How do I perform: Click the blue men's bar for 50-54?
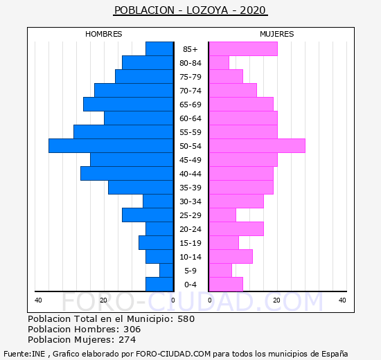[x=111, y=146]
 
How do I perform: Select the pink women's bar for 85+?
[x=243, y=49]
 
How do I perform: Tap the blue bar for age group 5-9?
[x=166, y=271]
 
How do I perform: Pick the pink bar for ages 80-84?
[x=219, y=63]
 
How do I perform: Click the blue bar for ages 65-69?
[x=128, y=105]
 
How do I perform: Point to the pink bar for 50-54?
[x=257, y=146]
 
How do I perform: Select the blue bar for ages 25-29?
[x=148, y=215]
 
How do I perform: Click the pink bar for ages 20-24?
[x=236, y=229]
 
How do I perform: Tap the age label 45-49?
[x=190, y=160]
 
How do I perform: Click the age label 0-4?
[x=190, y=285]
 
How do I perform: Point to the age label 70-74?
[x=190, y=91]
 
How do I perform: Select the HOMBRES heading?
[x=103, y=34]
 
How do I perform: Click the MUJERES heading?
[x=277, y=34]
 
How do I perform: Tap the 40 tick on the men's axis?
[x=38, y=300]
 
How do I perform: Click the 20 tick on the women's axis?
[x=276, y=300]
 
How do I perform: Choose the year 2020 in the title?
[x=253, y=10]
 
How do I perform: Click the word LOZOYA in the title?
[x=207, y=10]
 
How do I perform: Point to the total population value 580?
[x=186, y=319]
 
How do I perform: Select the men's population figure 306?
[x=132, y=330]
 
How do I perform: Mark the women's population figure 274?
[x=127, y=340]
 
